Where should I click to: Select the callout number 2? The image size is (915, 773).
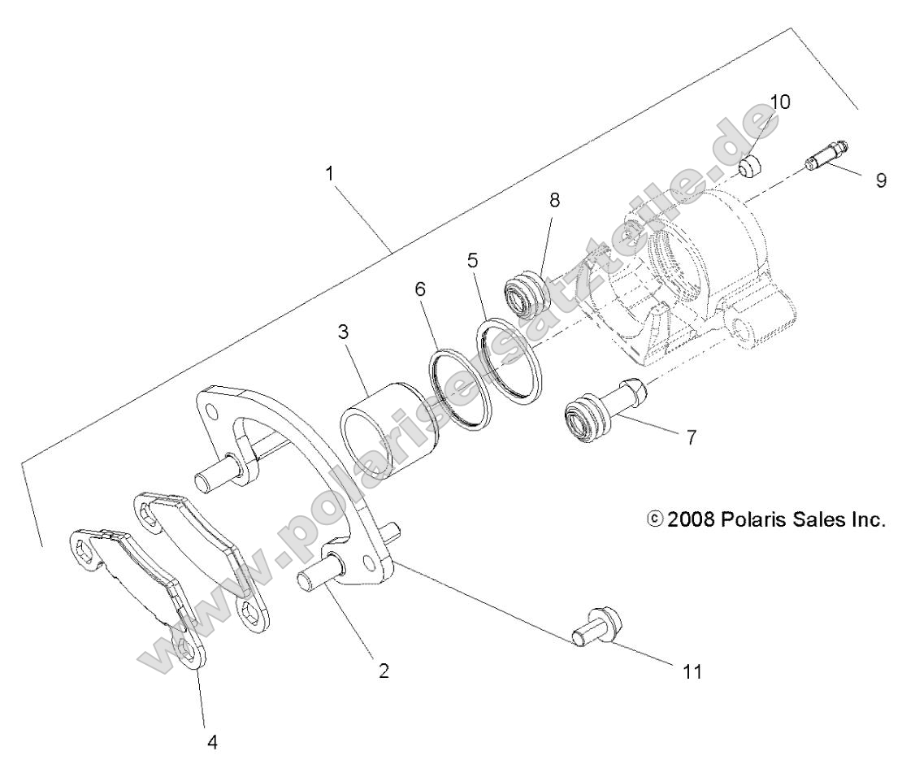pyautogui.click(x=384, y=671)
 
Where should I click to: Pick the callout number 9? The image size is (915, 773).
pyautogui.click(x=881, y=180)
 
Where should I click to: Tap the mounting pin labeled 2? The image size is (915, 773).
pyautogui.click(x=321, y=584)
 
